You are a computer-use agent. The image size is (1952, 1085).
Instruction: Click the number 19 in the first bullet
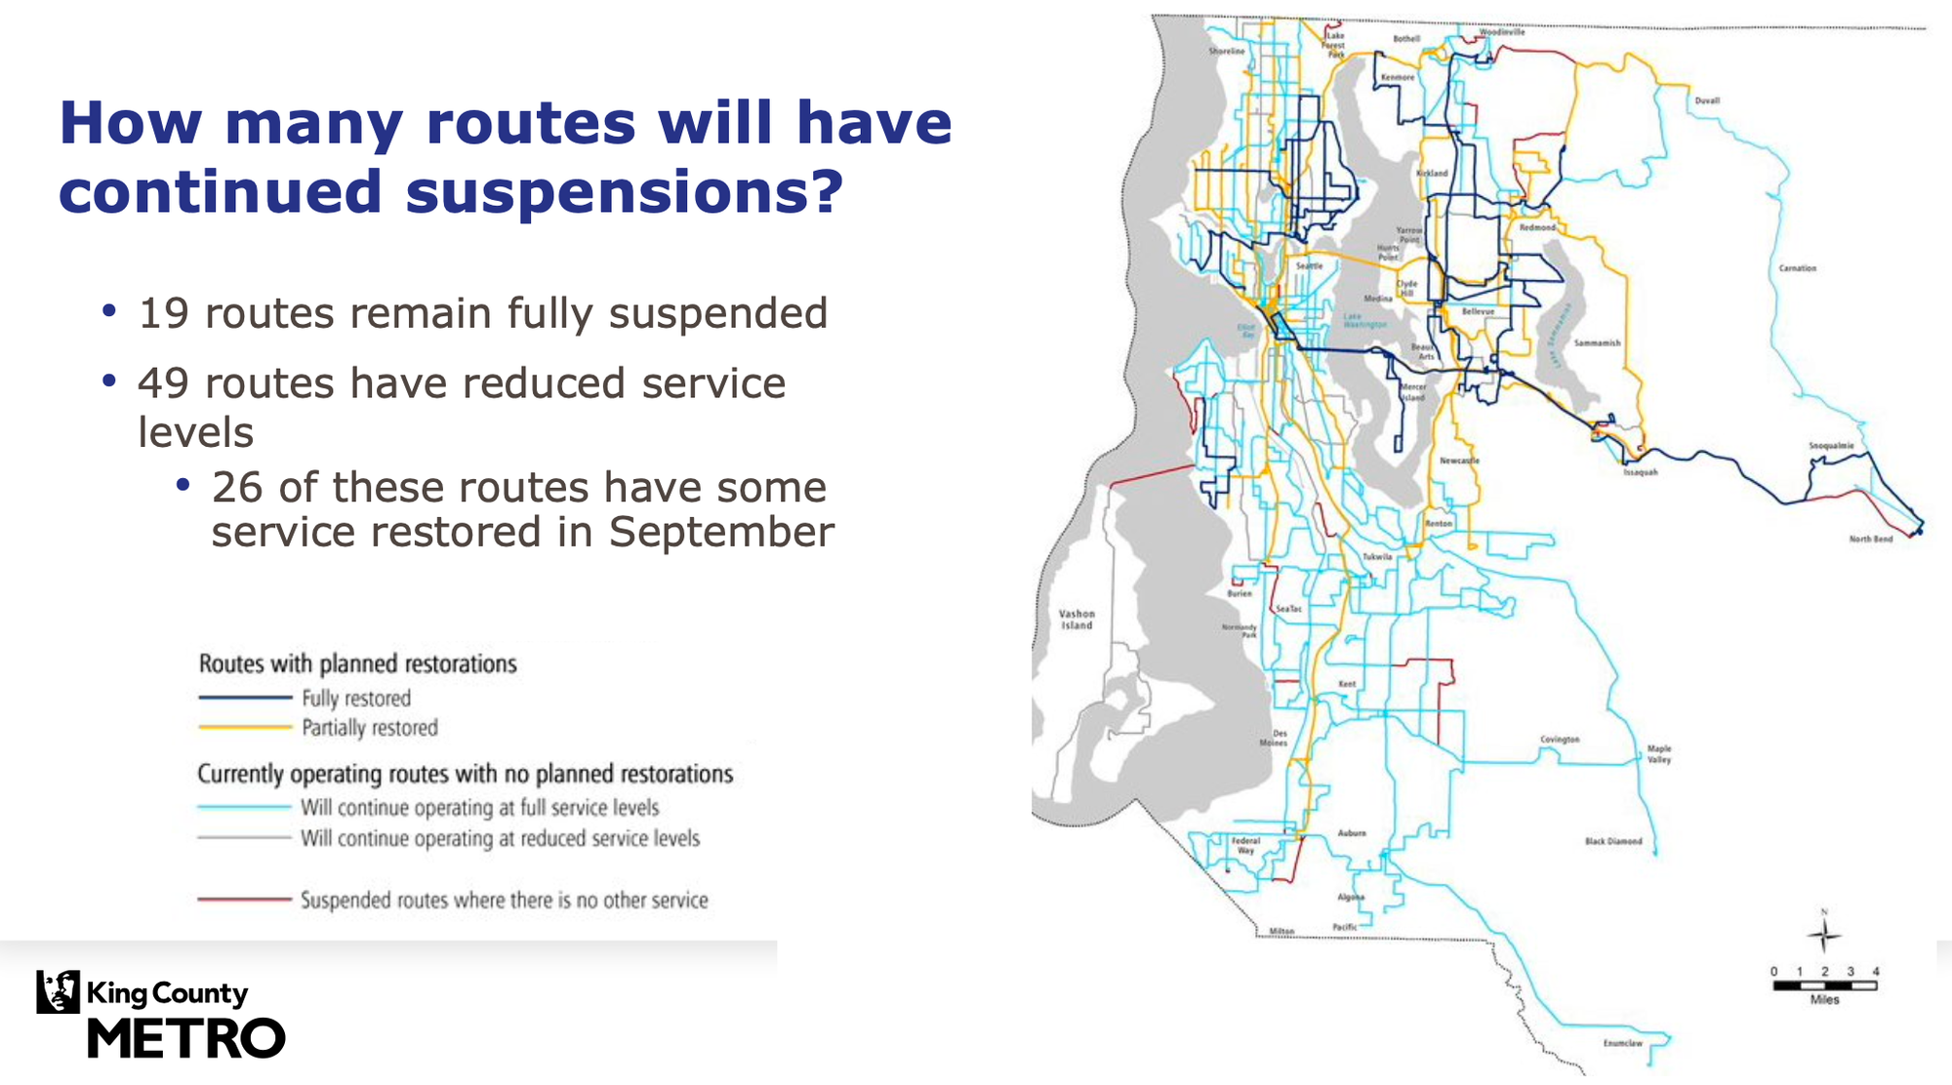(163, 314)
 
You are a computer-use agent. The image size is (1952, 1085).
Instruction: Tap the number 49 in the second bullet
(163, 383)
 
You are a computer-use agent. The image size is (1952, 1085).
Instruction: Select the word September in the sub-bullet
(721, 533)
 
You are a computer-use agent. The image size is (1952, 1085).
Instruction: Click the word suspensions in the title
(623, 191)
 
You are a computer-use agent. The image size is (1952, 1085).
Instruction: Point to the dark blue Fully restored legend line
(245, 698)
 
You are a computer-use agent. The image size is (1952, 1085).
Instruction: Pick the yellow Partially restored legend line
(245, 727)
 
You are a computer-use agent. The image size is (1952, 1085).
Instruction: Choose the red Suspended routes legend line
(245, 900)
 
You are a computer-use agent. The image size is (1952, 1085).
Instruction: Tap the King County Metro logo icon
(58, 992)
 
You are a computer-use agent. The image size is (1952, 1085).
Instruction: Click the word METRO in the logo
(186, 1038)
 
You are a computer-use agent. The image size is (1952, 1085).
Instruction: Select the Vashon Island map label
(1077, 620)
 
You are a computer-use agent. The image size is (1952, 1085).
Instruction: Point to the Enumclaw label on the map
(1622, 1043)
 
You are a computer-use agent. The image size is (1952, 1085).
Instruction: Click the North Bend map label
(1870, 539)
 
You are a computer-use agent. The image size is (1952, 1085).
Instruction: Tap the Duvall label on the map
(1707, 100)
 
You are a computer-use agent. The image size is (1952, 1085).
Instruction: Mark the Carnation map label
(1797, 268)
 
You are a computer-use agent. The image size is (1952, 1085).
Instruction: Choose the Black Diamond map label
(1612, 841)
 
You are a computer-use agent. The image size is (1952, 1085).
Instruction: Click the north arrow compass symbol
(1823, 935)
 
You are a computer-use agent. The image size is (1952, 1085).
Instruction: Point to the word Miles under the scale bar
(1824, 1000)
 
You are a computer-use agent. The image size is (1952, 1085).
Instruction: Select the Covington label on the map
(1560, 740)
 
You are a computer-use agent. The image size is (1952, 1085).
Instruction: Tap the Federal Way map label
(1245, 845)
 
